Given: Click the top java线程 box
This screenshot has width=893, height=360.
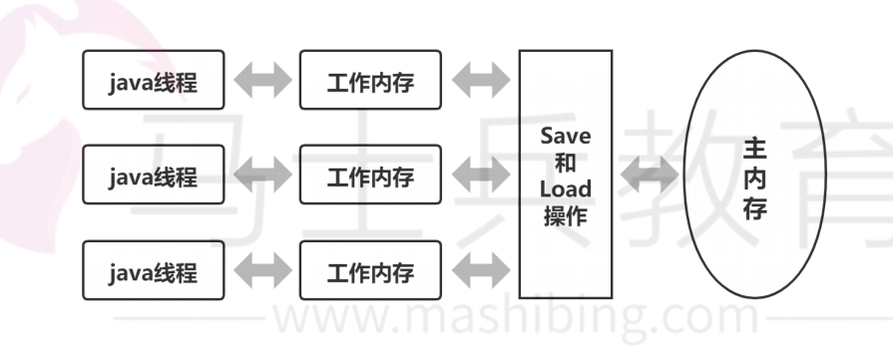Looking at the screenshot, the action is click(154, 81).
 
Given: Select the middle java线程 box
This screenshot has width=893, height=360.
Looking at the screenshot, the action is click(154, 177).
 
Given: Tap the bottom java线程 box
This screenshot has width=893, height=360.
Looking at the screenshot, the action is click(154, 270).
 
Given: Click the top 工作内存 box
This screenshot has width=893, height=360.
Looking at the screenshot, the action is click(370, 81).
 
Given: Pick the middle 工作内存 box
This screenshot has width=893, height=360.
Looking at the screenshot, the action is click(370, 177).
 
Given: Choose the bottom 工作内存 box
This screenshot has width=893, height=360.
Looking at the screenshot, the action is click(370, 270).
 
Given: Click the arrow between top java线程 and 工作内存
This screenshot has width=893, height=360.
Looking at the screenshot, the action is click(261, 82).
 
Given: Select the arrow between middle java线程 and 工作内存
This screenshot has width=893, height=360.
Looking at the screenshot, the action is click(261, 177).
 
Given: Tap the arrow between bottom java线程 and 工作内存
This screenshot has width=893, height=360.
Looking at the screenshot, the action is click(261, 270).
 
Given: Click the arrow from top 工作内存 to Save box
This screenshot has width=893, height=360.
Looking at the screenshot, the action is click(480, 82).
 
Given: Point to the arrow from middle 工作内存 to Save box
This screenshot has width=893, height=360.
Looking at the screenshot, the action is click(480, 177).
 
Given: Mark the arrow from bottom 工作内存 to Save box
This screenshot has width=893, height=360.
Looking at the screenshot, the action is click(480, 270).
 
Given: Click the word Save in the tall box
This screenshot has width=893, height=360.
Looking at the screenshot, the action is click(565, 137).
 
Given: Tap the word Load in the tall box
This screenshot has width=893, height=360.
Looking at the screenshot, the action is click(565, 188).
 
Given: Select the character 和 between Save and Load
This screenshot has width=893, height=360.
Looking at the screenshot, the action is click(565, 163).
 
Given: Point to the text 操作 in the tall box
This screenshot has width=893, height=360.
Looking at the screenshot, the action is click(565, 214).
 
